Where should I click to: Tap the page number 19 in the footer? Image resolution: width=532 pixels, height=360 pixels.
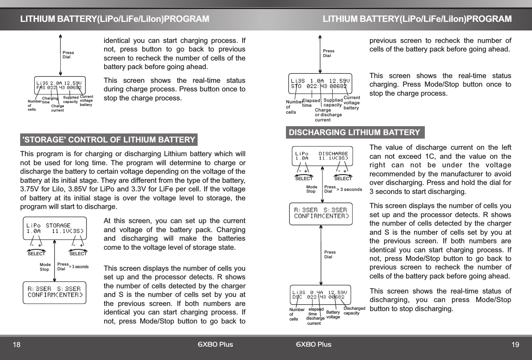click(x=515, y=345)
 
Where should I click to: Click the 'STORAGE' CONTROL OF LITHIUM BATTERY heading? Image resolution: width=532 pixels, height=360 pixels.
click(x=109, y=140)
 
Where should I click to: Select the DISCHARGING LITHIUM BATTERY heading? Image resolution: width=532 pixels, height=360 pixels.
click(x=355, y=133)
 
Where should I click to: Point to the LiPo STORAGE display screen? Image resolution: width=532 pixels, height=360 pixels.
click(x=55, y=228)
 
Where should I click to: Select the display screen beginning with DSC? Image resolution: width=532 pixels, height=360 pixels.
click(x=319, y=294)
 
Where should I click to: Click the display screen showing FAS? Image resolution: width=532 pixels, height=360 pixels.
click(x=58, y=84)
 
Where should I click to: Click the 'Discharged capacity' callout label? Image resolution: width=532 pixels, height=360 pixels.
click(x=354, y=311)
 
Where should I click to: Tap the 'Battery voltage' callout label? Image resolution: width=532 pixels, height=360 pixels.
click(x=333, y=315)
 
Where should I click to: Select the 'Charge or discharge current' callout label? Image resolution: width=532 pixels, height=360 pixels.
click(x=328, y=115)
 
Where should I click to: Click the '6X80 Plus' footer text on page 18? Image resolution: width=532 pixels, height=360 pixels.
click(x=215, y=345)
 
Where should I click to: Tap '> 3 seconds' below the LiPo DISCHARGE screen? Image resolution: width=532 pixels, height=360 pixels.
click(x=349, y=189)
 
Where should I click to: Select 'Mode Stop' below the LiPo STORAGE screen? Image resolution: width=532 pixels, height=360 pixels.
click(x=45, y=267)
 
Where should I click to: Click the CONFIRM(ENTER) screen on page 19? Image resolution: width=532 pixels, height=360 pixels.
click(x=321, y=213)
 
